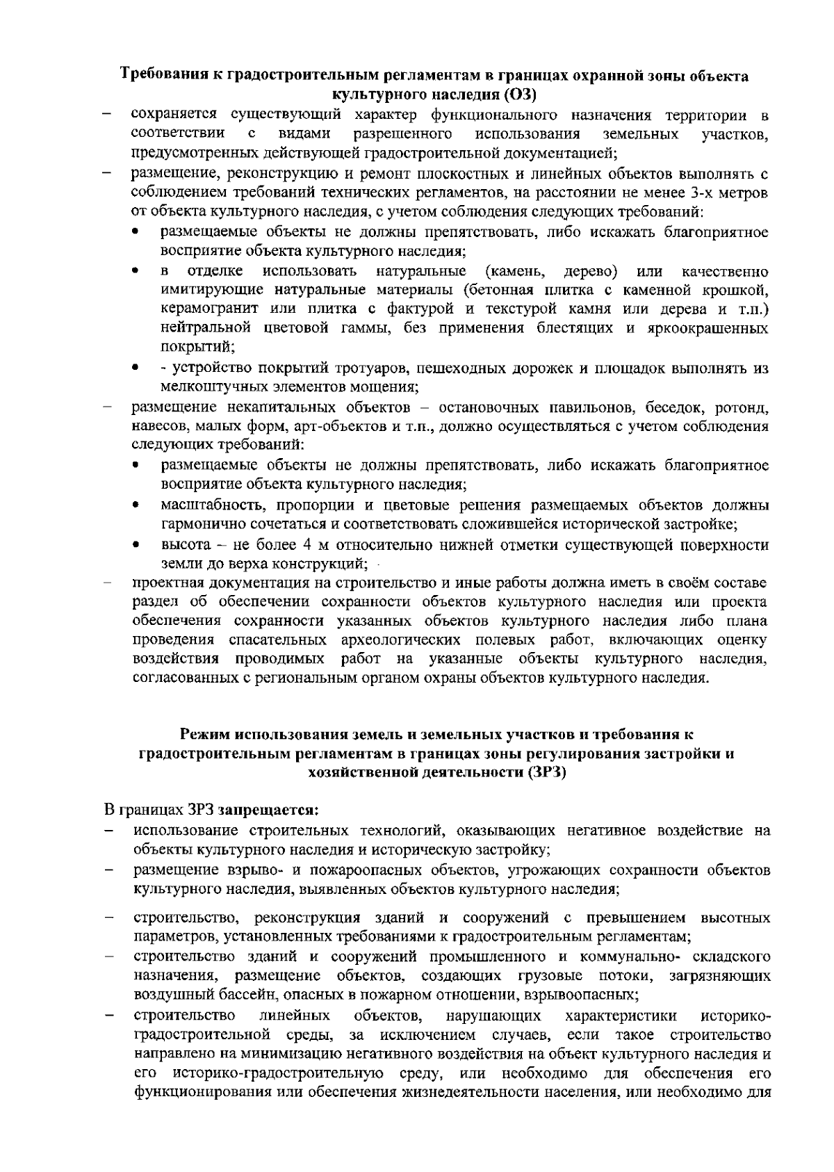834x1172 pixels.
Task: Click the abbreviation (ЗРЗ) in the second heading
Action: pos(547,772)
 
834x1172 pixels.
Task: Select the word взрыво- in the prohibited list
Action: pos(248,870)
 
